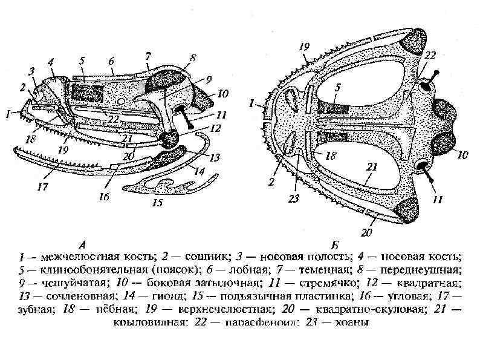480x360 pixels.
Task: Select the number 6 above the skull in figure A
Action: [111, 61]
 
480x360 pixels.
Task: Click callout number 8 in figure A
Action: [193, 57]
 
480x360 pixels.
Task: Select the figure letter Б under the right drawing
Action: [335, 245]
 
